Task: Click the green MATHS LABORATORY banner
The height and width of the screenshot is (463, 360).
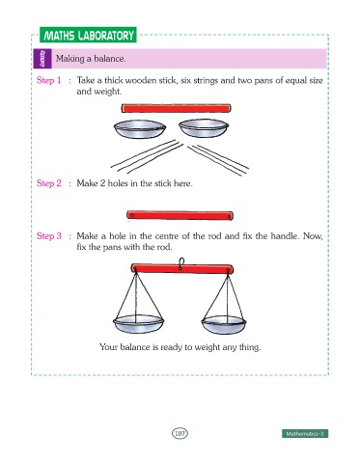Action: click(x=88, y=35)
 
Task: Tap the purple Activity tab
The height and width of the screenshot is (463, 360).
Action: click(x=42, y=59)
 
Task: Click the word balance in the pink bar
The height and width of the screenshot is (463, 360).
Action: click(x=109, y=59)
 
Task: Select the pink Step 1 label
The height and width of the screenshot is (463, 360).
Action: click(x=49, y=80)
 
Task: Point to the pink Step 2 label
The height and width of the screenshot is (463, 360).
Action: click(x=49, y=183)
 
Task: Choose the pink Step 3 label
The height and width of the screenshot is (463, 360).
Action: click(x=49, y=236)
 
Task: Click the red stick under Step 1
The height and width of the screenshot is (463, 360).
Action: click(x=176, y=108)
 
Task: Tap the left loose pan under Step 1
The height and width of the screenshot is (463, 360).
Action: click(x=140, y=129)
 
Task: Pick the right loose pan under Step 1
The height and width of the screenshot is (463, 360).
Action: click(x=204, y=127)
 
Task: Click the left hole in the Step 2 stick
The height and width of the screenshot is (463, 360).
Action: click(x=131, y=215)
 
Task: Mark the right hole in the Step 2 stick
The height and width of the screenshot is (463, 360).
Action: click(x=229, y=217)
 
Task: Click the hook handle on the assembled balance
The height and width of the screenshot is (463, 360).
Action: click(x=181, y=263)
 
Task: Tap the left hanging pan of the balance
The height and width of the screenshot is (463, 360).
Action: click(x=138, y=324)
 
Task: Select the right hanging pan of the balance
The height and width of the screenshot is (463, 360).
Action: click(x=224, y=325)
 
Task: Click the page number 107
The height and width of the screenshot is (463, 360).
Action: click(x=180, y=433)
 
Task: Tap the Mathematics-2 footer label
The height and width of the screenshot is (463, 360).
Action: click(x=305, y=434)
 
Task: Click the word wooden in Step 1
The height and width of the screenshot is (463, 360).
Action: click(x=140, y=80)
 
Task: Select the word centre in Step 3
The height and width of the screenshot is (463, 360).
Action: click(x=167, y=236)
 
